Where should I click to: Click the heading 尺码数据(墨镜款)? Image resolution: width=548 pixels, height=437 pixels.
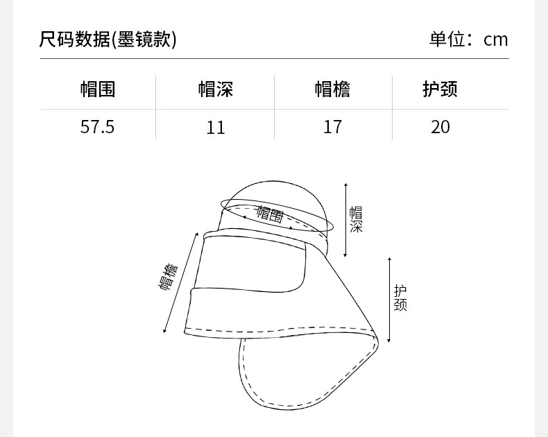point(108,40)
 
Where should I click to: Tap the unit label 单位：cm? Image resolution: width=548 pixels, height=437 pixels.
point(468,40)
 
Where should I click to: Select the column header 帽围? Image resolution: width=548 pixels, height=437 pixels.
point(97,89)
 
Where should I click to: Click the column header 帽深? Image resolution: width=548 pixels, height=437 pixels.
point(216,89)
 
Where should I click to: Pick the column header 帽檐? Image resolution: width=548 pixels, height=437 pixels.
point(332,89)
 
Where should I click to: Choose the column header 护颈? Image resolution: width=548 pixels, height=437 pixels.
point(440,89)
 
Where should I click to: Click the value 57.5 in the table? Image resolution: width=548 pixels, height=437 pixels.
point(97,127)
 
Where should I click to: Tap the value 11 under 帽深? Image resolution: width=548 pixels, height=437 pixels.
point(216,127)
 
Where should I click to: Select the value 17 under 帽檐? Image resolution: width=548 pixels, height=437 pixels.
point(332,127)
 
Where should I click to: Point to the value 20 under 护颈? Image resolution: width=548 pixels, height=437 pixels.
point(440,127)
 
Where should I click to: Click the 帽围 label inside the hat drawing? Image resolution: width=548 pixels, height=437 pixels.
point(270,213)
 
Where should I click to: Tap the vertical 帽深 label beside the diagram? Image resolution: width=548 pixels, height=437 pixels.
point(356,219)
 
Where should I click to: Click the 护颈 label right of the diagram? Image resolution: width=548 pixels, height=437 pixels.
point(400,298)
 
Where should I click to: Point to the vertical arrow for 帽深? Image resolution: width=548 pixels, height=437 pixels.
point(346,219)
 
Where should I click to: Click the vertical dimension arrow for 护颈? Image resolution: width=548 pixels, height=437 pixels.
point(390,300)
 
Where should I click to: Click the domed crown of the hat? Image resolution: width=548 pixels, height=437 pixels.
point(277,192)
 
